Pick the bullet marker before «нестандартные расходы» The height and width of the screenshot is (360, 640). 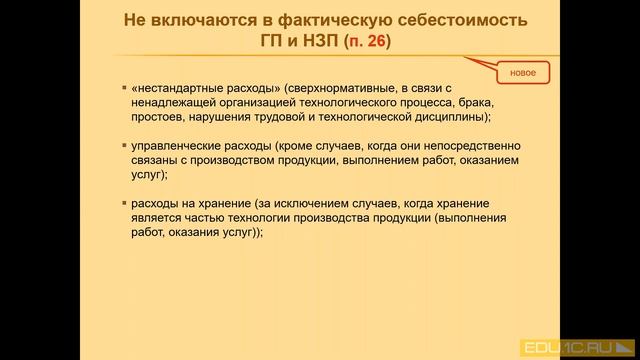coord(122,88)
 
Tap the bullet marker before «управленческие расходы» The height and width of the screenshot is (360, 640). coord(122,146)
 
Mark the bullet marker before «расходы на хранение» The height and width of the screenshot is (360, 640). coord(122,205)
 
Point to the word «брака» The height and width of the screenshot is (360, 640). coord(469,102)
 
